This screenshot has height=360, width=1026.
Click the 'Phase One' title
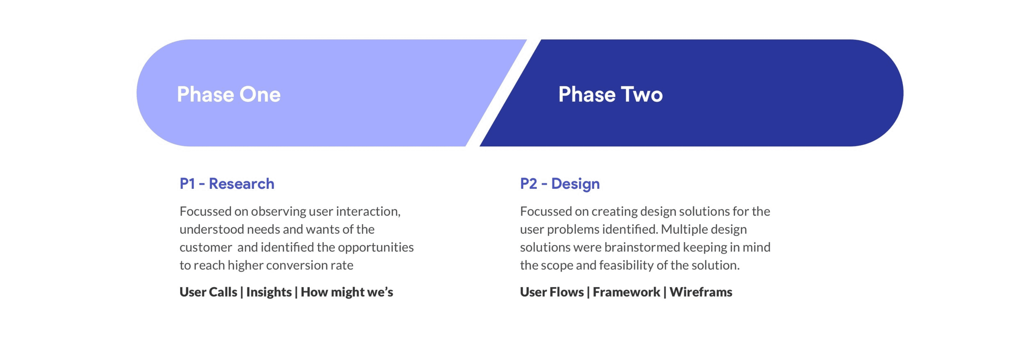click(x=229, y=94)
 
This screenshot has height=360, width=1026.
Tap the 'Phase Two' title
click(x=610, y=94)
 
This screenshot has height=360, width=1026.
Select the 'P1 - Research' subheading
click(x=227, y=184)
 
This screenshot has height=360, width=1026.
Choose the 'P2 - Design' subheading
click(x=560, y=184)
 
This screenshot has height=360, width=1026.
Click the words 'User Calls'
click(x=208, y=292)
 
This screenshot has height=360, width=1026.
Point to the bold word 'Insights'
click(x=269, y=292)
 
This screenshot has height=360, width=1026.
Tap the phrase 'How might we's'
click(x=347, y=292)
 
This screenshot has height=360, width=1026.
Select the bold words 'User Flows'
click(x=552, y=292)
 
